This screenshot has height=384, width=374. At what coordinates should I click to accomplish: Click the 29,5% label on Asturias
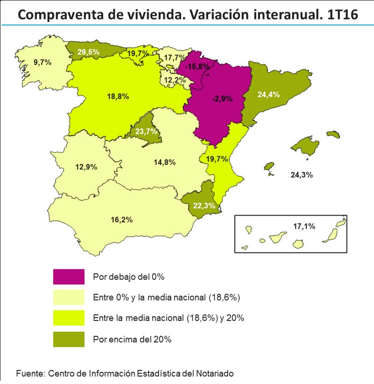point(89,52)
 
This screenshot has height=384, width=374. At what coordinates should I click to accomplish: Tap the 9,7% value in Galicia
point(42,61)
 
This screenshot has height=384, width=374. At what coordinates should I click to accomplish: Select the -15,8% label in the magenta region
point(197,67)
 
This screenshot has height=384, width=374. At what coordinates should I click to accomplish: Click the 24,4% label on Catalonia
point(268,94)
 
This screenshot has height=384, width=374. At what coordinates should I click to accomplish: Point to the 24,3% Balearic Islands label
point(301,175)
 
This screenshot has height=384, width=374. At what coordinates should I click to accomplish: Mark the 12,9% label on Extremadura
point(86,167)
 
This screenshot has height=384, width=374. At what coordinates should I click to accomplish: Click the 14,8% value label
point(164,162)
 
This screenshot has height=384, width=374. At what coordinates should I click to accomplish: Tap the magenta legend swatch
point(69,277)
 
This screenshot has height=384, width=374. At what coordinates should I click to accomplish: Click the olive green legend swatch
point(69,339)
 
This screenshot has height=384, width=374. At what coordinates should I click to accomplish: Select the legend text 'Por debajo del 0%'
point(129,277)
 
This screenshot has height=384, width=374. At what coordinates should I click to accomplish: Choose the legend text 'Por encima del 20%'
point(132,339)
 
